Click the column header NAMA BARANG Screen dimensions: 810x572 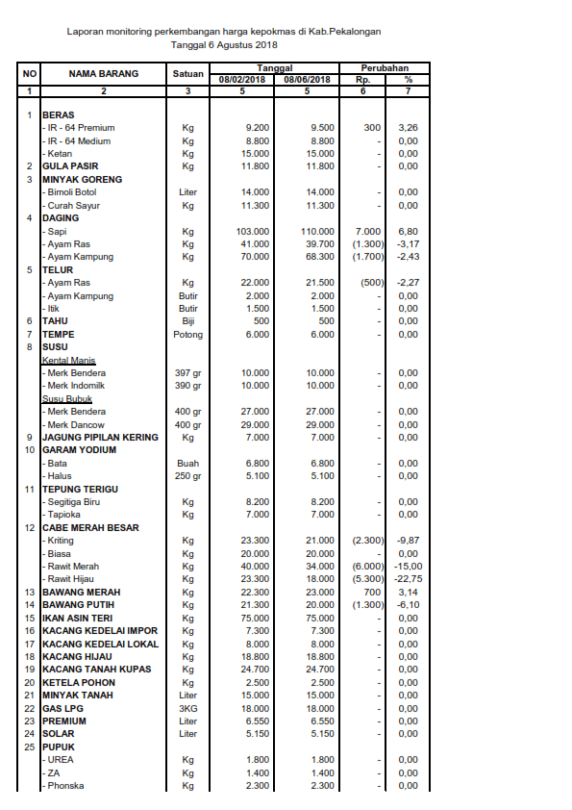tap(104, 74)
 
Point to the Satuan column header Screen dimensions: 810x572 tap(188, 74)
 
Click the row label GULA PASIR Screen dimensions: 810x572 tap(70, 166)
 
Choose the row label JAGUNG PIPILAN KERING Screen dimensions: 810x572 tap(100, 438)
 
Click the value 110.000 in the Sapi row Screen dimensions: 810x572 tap(317, 231)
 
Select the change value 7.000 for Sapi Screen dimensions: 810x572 tap(368, 231)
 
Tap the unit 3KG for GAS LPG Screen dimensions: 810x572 tap(188, 708)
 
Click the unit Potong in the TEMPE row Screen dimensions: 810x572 tap(188, 334)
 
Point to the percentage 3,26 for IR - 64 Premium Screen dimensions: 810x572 tap(408, 128)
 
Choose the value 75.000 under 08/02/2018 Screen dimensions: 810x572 tap(254, 618)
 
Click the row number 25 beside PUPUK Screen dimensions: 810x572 tap(30, 747)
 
